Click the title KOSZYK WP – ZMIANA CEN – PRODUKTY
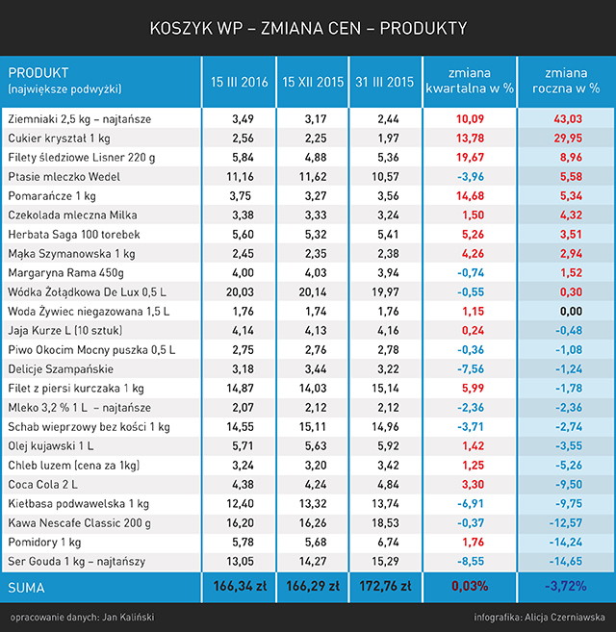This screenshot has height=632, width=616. click(308, 28)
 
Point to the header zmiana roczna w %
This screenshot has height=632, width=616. click(566, 80)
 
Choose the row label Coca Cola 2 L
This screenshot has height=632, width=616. click(44, 484)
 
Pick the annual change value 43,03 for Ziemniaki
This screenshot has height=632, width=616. click(566, 119)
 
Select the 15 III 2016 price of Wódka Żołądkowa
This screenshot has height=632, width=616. click(239, 291)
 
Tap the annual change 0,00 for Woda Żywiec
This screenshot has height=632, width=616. click(566, 311)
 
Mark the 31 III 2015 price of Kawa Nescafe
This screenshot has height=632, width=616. click(385, 522)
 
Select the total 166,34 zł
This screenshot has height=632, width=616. click(239, 586)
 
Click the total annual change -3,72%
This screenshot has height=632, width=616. click(566, 586)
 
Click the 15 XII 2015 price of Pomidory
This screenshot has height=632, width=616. click(312, 542)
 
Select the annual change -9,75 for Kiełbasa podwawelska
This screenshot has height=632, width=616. click(566, 503)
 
